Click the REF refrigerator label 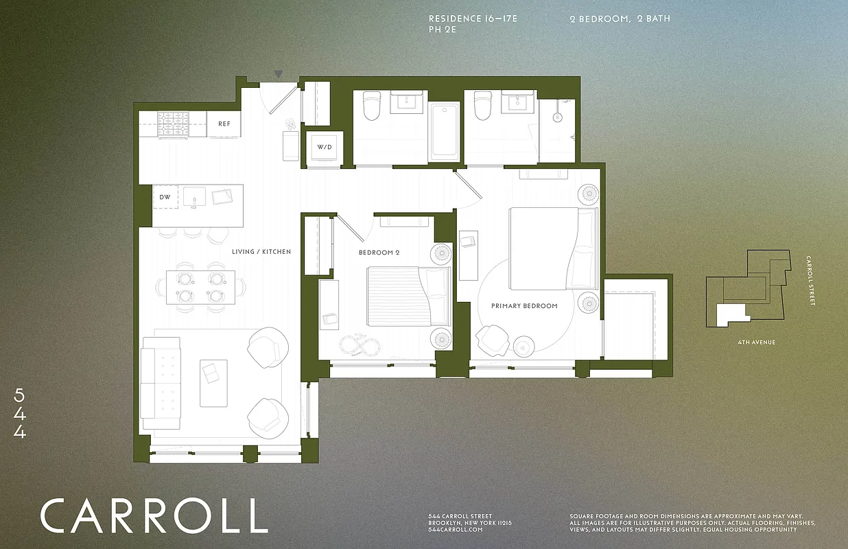click(x=224, y=124)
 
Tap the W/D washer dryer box click(x=322, y=148)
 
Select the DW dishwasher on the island click(x=165, y=197)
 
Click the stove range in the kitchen click(x=174, y=125)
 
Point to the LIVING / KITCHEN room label click(x=261, y=252)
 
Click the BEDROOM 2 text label click(x=379, y=253)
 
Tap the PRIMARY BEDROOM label click(x=524, y=305)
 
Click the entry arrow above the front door click(x=278, y=74)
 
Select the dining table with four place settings click(x=200, y=288)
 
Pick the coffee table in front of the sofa click(x=213, y=382)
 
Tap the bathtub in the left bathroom click(x=445, y=130)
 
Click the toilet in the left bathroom click(x=371, y=106)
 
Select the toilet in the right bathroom click(x=482, y=106)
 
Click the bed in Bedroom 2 click(x=408, y=296)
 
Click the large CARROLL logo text click(x=154, y=515)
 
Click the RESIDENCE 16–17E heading click(x=473, y=19)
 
